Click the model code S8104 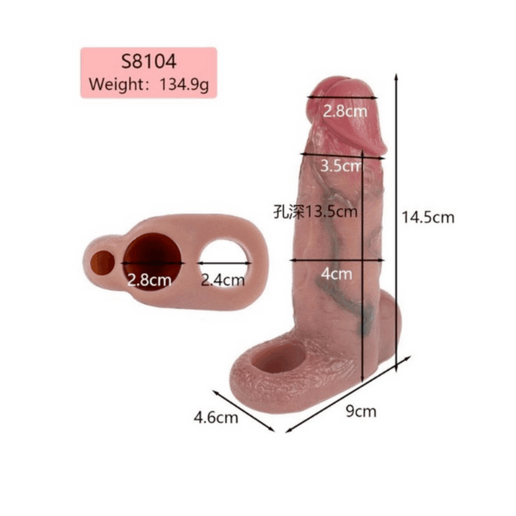point(149,62)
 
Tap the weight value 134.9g point(184,85)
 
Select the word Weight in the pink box point(115,84)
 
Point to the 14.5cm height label point(428,218)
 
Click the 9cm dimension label point(361,412)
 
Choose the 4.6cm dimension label point(216,418)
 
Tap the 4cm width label point(336,273)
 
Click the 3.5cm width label point(341,165)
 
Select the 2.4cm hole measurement point(223,280)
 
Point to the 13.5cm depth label point(331,212)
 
